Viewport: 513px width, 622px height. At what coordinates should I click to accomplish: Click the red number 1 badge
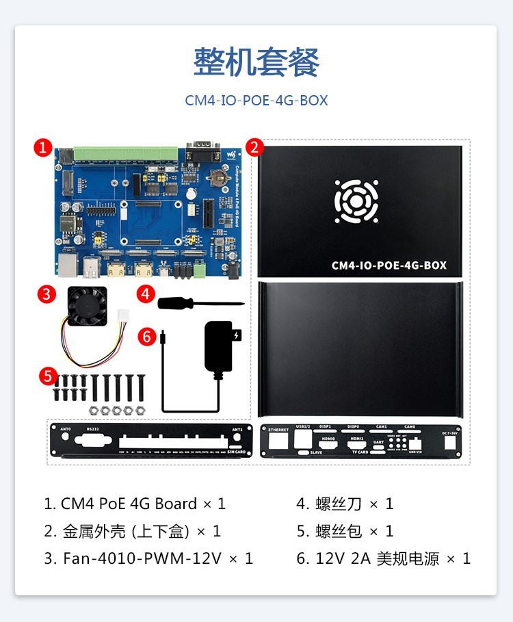coord(43,147)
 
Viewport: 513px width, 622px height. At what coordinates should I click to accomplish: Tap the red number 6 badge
coord(146,336)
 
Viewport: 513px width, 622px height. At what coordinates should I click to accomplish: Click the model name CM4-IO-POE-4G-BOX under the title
coord(256,101)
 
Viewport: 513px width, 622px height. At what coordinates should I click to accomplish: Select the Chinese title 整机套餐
coord(256,63)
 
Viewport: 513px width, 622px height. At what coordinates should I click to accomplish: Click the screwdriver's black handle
coord(173,302)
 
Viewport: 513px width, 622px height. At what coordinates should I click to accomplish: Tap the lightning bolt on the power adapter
coord(237,336)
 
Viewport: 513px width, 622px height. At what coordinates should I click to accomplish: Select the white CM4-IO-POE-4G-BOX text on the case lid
coord(389,265)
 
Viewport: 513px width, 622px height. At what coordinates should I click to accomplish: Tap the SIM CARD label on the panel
coord(237,452)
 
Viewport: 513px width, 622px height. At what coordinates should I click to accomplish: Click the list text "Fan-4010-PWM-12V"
coord(142,558)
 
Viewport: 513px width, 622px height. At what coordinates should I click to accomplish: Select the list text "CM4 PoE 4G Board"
coord(129,504)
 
